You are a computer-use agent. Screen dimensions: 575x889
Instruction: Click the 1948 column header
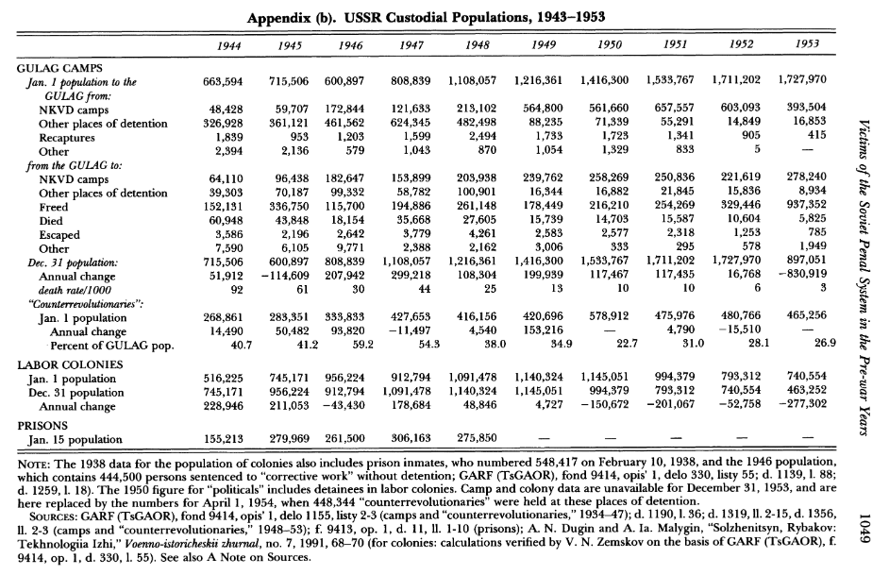click(475, 44)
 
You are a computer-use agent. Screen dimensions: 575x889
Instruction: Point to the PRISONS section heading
click(42, 425)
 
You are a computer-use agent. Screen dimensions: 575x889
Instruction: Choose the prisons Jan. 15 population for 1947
click(404, 439)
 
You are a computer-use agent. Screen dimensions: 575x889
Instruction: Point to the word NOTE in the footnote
click(37, 465)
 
